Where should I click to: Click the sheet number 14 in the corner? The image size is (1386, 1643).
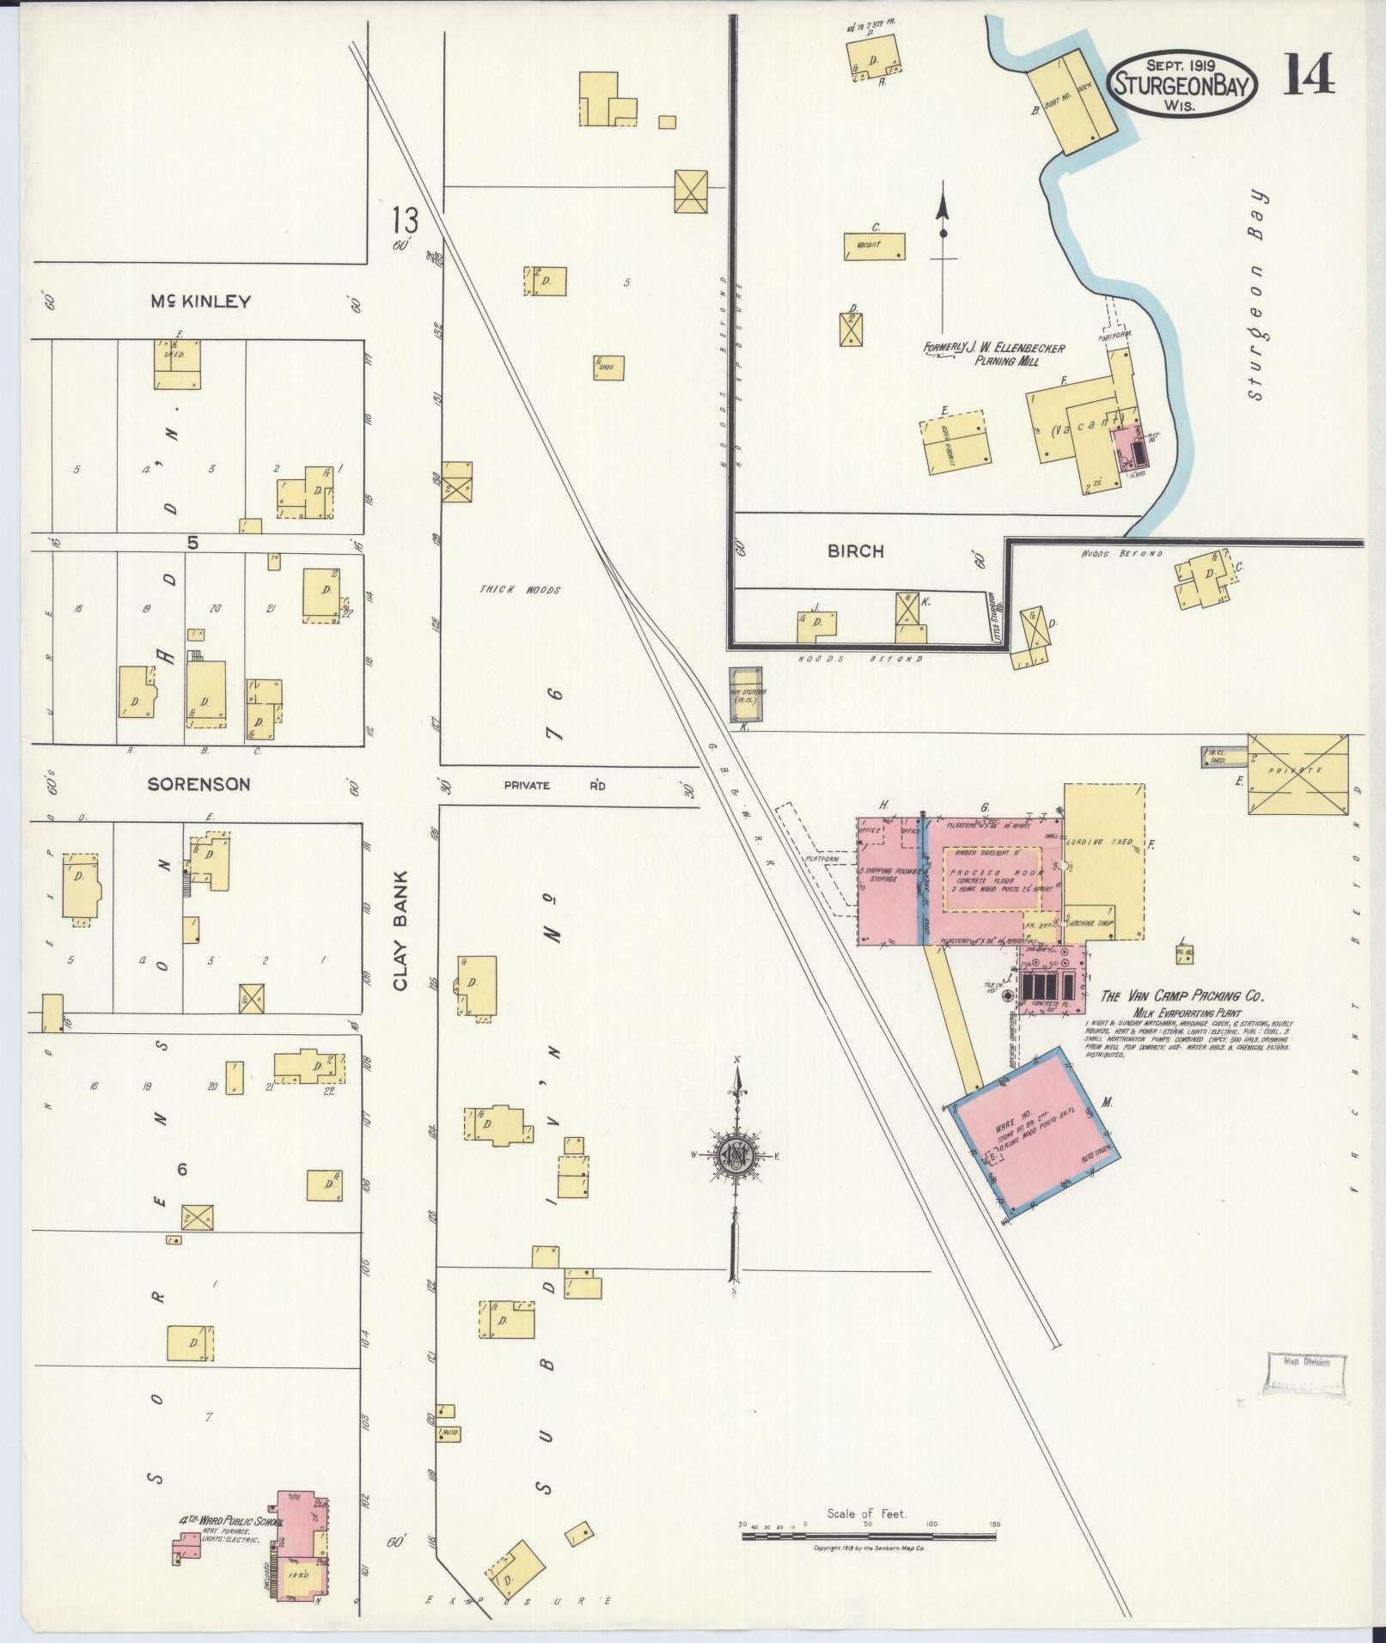click(x=1309, y=74)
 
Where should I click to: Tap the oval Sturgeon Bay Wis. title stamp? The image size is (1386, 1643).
click(x=1186, y=83)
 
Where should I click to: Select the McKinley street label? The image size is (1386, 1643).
click(x=201, y=301)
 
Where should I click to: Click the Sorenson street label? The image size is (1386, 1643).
click(x=198, y=784)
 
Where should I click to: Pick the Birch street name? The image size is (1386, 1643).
click(x=855, y=551)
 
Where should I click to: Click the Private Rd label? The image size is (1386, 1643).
click(x=554, y=785)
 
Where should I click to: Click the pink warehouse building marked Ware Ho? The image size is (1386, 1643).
click(x=1029, y=1134)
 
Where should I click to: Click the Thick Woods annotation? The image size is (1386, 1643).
click(x=533, y=590)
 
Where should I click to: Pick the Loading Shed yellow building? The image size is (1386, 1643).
click(x=1104, y=859)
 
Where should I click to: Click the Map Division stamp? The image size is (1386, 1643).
click(x=1306, y=1386)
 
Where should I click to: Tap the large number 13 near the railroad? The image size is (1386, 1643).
click(x=404, y=221)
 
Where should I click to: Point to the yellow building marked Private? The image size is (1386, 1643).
click(x=1297, y=772)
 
